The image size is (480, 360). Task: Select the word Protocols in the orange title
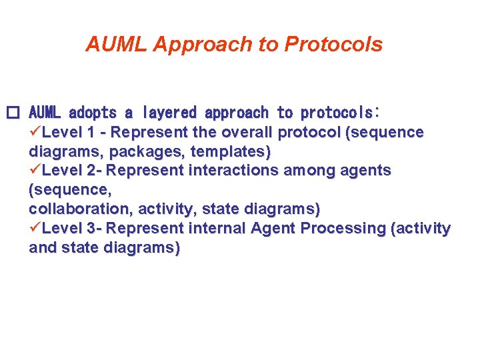pyautogui.click(x=333, y=44)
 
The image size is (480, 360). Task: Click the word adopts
pyautogui.click(x=93, y=113)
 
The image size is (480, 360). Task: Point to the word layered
pyautogui.click(x=167, y=113)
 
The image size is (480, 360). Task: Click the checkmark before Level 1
pyautogui.click(x=35, y=132)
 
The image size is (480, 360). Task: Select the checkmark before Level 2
pyautogui.click(x=35, y=171)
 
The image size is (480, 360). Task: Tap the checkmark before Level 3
pyautogui.click(x=35, y=229)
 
